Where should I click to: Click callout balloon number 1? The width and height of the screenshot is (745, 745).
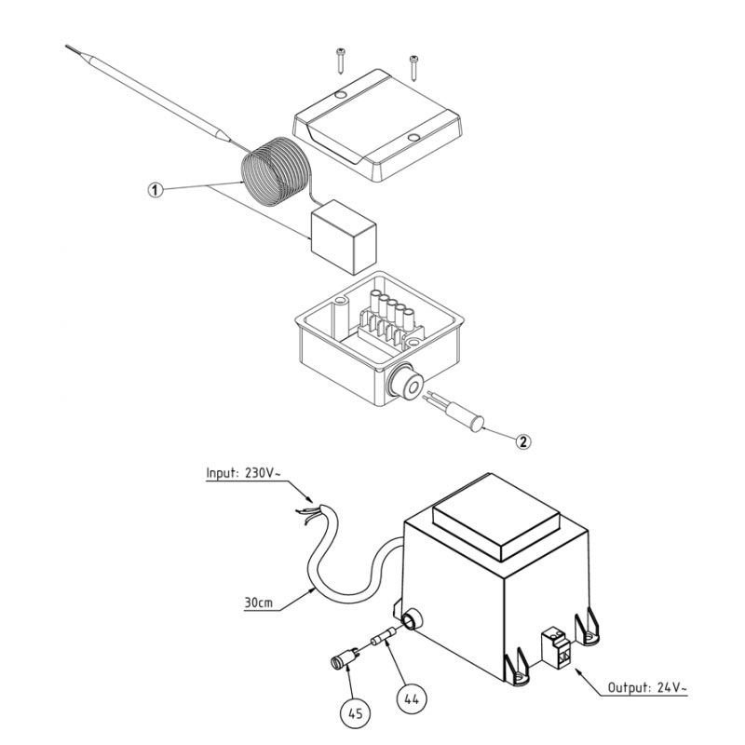tap(155, 191)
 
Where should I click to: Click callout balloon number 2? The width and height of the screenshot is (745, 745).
tap(522, 441)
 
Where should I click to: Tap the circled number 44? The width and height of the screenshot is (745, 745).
tap(412, 698)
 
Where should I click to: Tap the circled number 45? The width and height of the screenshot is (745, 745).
tap(356, 712)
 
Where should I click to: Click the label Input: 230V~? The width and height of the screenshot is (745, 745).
tap(240, 473)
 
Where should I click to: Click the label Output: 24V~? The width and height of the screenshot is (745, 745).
tap(647, 687)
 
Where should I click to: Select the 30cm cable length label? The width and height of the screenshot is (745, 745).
tap(259, 603)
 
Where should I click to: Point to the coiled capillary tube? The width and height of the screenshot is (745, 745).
tap(276, 171)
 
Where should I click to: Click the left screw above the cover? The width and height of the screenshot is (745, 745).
tap(341, 61)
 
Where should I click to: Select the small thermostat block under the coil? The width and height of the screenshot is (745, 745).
tap(344, 237)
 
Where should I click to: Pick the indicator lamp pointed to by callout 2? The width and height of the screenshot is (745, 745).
tap(455, 412)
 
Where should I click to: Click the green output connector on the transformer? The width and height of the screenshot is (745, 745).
tap(555, 647)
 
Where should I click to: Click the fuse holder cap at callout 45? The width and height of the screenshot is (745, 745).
tap(344, 658)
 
